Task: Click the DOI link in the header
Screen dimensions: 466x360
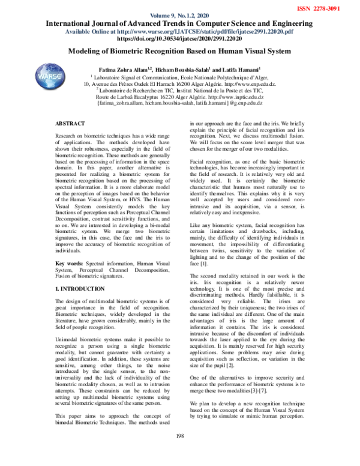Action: [180, 38]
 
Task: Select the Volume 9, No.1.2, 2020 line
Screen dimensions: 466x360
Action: [180, 16]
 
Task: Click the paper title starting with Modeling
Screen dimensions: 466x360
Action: [180, 52]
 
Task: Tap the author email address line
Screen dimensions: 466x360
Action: [180, 104]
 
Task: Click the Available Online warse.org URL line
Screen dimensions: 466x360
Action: [180, 31]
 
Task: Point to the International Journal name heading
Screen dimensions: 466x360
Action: [180, 24]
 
